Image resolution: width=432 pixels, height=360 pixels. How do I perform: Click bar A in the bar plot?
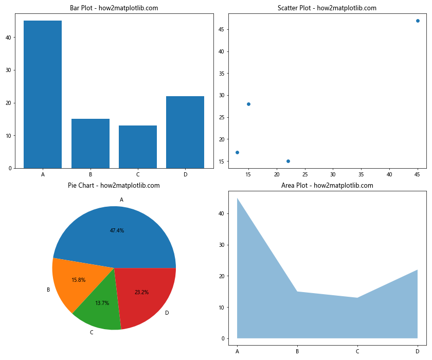click(x=43, y=95)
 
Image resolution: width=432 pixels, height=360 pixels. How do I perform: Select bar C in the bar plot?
click(x=138, y=147)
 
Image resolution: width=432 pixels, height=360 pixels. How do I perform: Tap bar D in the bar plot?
click(x=185, y=132)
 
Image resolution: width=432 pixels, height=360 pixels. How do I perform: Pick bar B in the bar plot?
click(x=91, y=143)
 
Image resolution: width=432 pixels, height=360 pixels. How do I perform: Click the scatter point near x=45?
click(x=418, y=21)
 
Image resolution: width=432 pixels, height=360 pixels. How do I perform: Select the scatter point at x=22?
click(x=288, y=161)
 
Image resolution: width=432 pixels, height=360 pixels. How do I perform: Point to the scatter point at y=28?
click(x=248, y=104)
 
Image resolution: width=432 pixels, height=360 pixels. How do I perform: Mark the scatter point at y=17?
click(x=237, y=152)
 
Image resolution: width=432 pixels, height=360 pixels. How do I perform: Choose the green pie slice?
click(x=100, y=306)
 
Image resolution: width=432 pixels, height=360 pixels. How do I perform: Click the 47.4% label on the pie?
click(x=117, y=230)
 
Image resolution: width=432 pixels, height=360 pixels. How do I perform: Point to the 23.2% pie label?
click(x=141, y=292)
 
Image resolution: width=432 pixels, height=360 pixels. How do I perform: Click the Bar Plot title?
click(x=114, y=8)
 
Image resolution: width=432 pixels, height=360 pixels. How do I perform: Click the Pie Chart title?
click(x=114, y=186)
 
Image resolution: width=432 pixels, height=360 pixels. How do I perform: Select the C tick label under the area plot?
click(x=357, y=352)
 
